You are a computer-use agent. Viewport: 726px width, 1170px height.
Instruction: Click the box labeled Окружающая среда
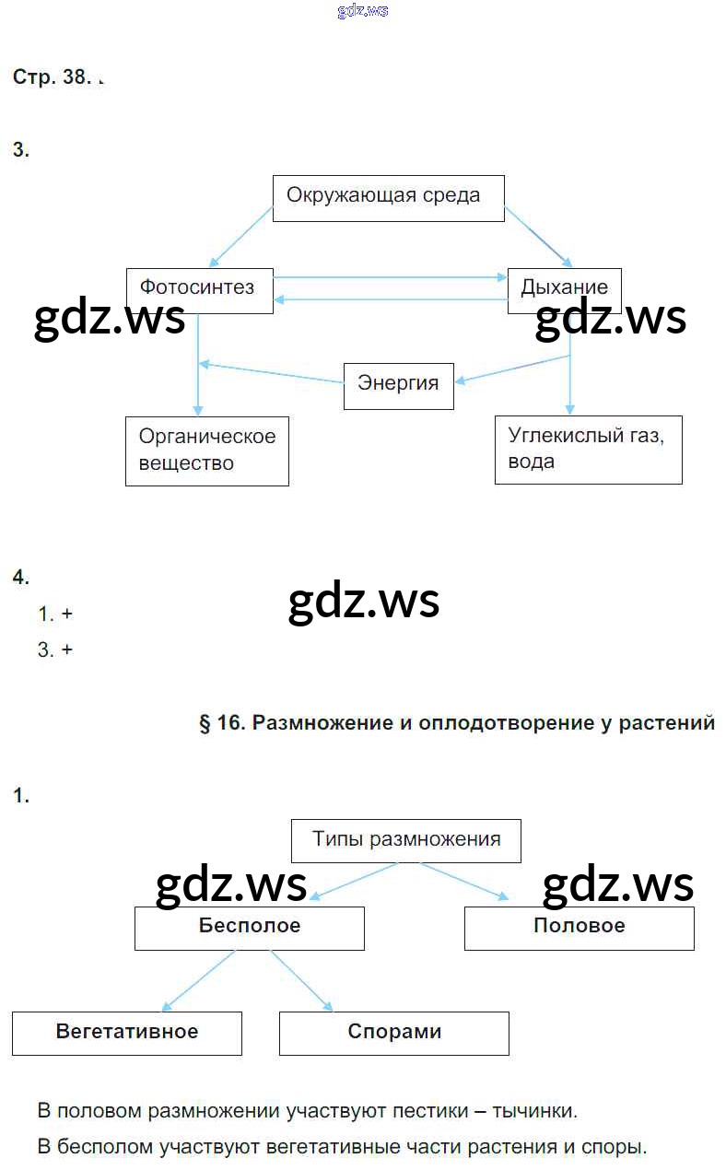[388, 198]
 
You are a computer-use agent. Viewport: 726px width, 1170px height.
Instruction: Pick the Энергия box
[398, 386]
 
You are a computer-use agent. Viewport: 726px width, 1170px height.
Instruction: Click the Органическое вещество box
[206, 450]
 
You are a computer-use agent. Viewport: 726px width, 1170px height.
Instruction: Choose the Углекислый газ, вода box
[588, 449]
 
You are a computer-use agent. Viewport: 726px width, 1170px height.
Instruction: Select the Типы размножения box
[405, 840]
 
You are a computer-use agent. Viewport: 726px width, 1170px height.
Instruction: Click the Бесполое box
[249, 928]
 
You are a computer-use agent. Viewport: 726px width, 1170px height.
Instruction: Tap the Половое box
[579, 928]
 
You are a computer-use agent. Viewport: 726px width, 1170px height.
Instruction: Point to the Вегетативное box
[126, 1033]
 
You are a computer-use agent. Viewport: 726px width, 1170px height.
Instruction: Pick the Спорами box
[393, 1033]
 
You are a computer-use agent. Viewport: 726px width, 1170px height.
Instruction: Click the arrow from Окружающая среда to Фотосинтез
[240, 238]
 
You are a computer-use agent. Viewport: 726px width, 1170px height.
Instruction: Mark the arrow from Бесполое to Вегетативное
[197, 981]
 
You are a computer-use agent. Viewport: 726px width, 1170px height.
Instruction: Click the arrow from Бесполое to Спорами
[301, 981]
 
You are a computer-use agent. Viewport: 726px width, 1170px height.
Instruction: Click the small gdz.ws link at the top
[363, 11]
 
